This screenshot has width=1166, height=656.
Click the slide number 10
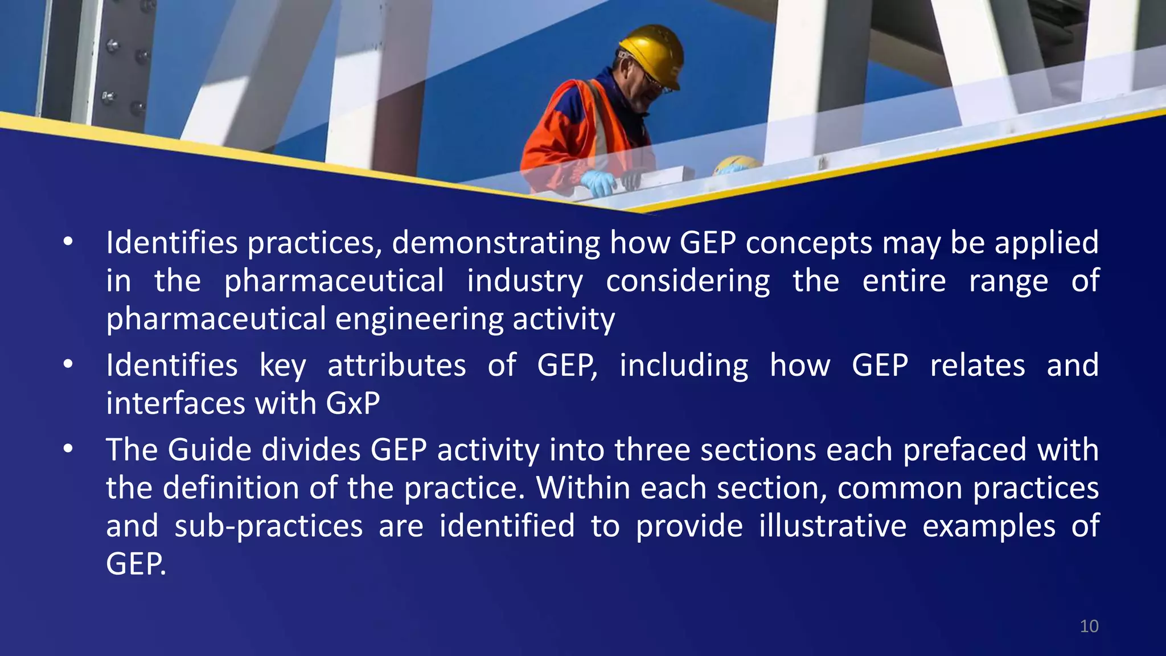(1089, 626)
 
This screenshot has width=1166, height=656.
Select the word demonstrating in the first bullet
(495, 243)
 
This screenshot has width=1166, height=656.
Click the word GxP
(353, 404)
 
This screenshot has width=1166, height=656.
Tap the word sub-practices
(268, 527)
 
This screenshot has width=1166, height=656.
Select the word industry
(525, 282)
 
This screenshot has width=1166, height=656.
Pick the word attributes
(397, 366)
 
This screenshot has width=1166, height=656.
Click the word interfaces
(175, 404)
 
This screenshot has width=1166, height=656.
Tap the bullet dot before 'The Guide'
(68, 449)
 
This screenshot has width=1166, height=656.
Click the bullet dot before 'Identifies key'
(68, 365)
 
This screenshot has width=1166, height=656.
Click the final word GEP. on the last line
(136, 564)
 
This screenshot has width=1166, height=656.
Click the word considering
(688, 282)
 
